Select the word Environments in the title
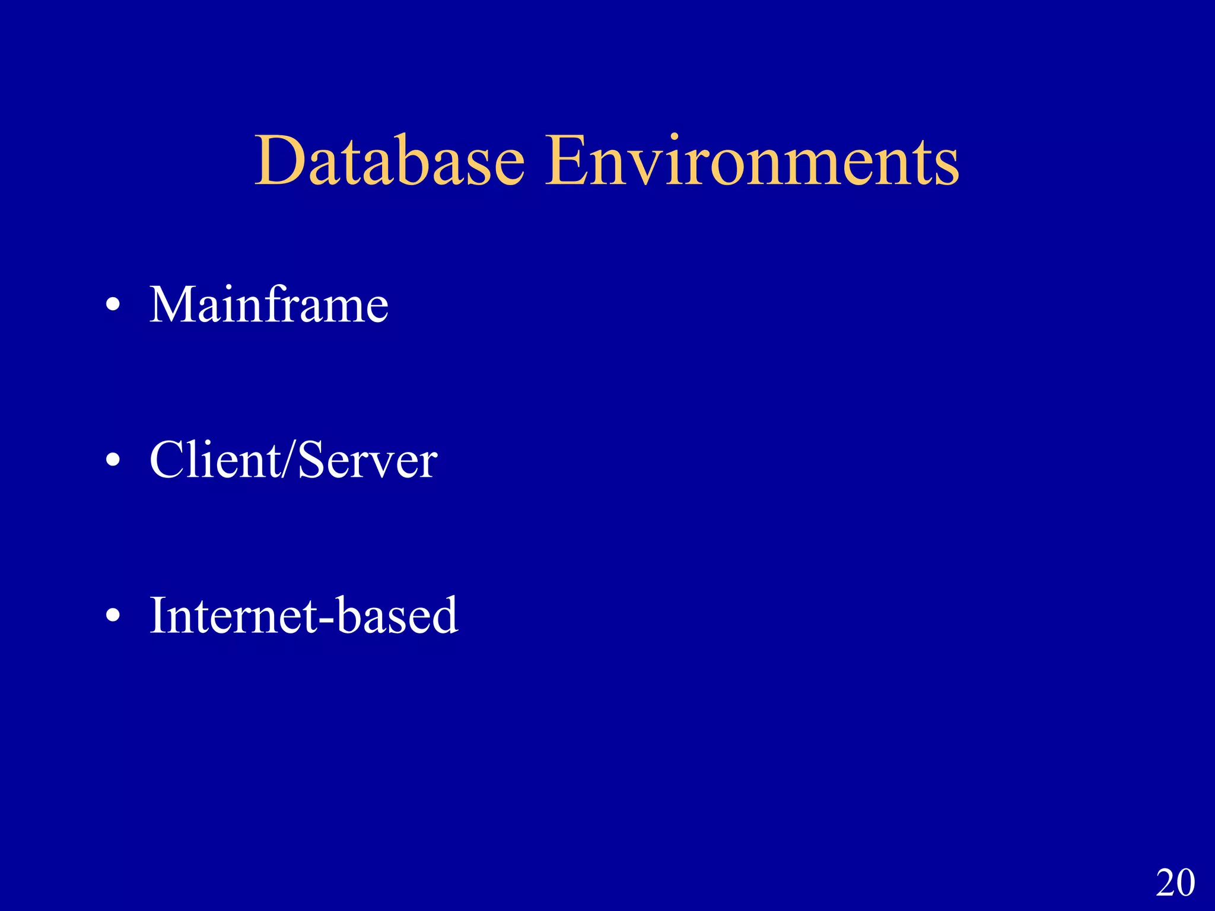752,161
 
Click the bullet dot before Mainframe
113,306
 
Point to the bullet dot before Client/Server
113,461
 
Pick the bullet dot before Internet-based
113,616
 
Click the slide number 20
1175,883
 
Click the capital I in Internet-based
158,615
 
